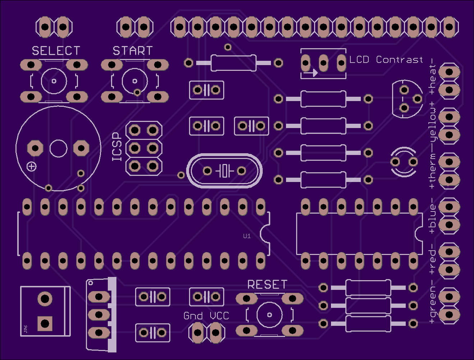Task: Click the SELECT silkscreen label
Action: pos(56,51)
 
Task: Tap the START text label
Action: pos(133,51)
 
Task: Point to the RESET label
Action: pos(267,284)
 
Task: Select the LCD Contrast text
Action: pos(386,60)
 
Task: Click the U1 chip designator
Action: pos(247,236)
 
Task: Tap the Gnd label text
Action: pos(193,316)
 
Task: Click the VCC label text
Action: pos(220,316)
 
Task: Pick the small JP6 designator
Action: pos(26,329)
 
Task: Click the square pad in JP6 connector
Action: pos(45,323)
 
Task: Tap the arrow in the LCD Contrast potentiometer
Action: pos(310,73)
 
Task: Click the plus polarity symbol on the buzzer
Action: pos(32,167)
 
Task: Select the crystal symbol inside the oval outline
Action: pos(225,171)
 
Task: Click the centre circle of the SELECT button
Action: pos(54,81)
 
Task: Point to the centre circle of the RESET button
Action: pos(270,315)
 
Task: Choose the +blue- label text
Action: pos(432,219)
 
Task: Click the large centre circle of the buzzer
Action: pos(58,149)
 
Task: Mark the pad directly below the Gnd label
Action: pos(197,333)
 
